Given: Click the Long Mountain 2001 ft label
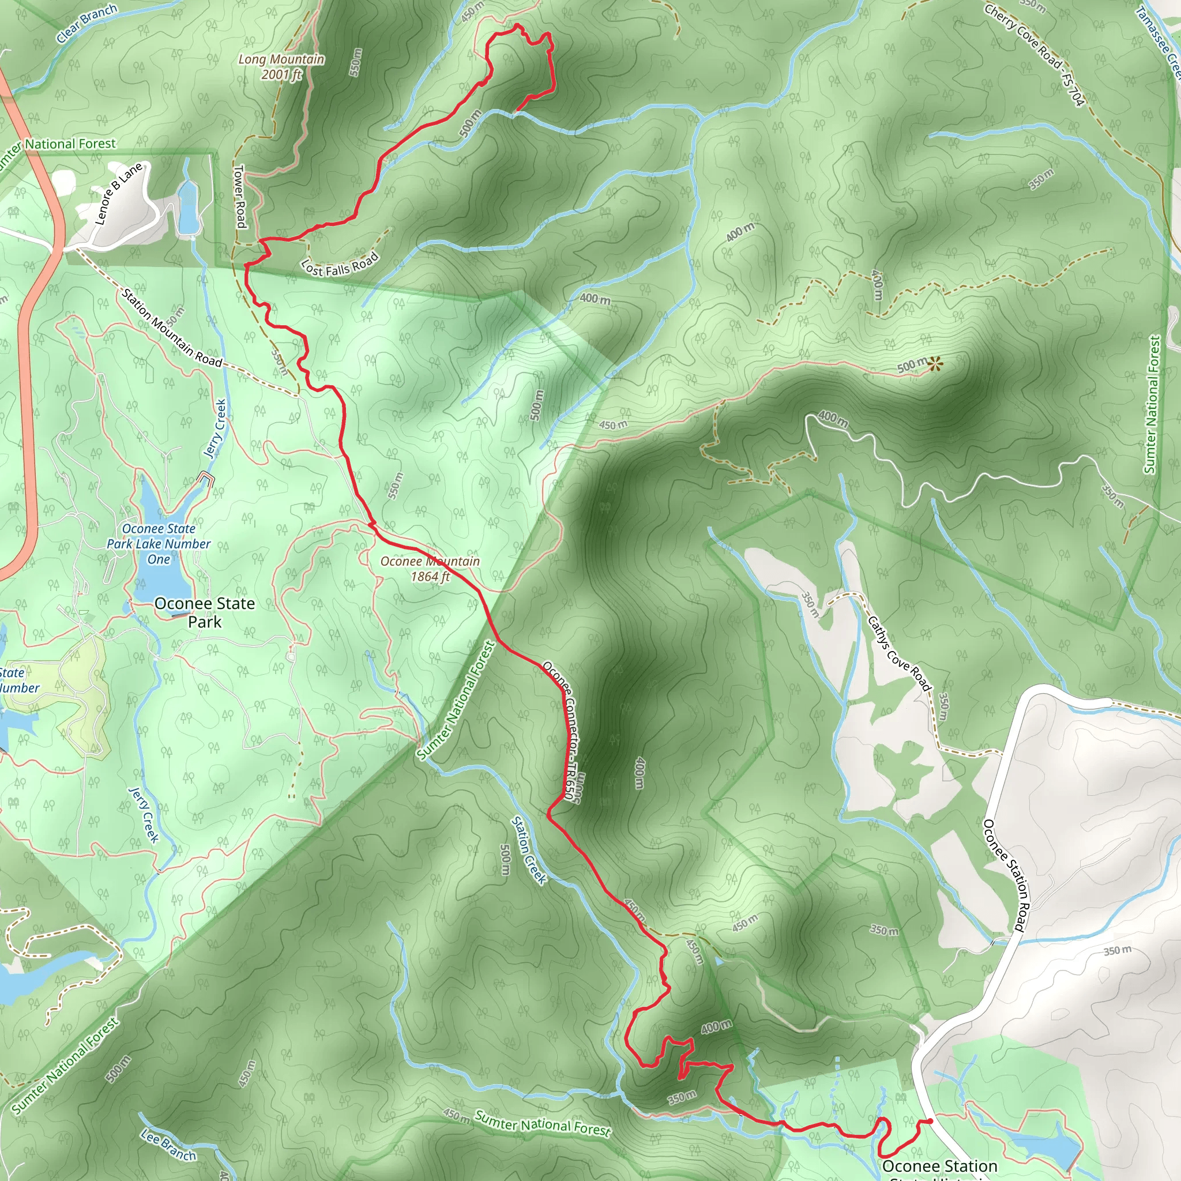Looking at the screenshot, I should [281, 67].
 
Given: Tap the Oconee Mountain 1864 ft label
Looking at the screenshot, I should [430, 569].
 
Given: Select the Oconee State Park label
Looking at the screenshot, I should [204, 612].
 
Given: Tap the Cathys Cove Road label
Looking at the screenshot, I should [899, 653].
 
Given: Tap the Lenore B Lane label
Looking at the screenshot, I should [119, 194].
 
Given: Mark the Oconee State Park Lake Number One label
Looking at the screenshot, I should [159, 543].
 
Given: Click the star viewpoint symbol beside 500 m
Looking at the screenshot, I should [934, 365].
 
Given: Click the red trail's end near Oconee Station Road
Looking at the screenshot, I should [929, 1121].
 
